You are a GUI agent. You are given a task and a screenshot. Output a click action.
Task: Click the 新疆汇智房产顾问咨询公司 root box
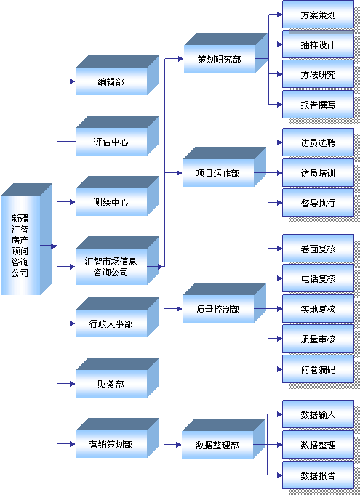26,239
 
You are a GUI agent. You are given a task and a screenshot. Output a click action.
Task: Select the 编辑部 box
117,76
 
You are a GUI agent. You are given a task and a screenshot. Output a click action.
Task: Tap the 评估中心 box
117,136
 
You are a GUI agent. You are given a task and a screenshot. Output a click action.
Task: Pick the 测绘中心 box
117,196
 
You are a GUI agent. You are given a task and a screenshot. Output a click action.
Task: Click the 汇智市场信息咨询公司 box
117,261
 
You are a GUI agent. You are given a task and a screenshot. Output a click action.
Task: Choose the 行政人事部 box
117,317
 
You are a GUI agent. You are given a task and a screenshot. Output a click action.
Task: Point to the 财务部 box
117,377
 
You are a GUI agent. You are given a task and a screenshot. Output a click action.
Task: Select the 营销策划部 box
117,438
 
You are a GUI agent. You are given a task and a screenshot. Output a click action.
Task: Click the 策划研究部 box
225,53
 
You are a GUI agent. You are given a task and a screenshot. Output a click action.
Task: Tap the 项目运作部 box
224,166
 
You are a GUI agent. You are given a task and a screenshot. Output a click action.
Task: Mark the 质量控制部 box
224,303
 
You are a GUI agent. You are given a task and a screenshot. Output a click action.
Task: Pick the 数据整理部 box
223,439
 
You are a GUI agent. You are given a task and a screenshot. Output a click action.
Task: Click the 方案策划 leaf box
318,15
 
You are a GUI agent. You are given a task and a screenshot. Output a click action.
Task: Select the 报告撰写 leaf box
318,105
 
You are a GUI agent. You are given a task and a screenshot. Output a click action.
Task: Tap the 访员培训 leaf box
318,173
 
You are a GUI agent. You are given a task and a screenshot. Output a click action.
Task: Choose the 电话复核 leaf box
318,278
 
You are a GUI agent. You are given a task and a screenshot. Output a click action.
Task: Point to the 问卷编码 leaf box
318,369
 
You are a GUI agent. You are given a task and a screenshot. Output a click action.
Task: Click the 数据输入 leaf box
318,414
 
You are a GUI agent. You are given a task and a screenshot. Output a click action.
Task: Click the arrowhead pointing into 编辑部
73,81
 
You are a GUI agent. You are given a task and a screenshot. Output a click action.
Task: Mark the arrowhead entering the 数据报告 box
279,475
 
